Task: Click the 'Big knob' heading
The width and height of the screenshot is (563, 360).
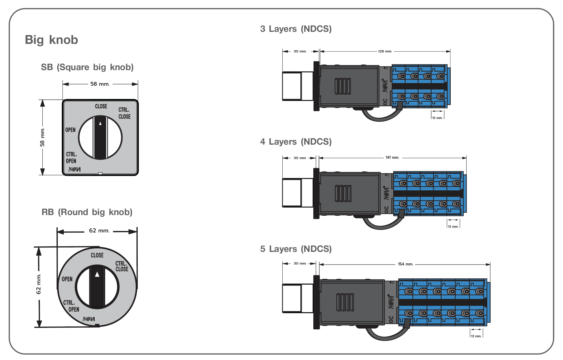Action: pos(51,40)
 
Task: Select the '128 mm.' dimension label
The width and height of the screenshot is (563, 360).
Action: pos(385,51)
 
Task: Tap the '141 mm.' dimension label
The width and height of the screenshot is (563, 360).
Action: pos(392,158)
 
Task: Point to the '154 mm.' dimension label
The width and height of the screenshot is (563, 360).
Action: pos(405,264)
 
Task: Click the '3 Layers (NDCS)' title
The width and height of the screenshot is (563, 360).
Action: pos(296,29)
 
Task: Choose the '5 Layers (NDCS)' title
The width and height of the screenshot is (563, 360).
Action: pos(296,249)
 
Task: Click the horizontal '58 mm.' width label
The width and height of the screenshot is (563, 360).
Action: pos(100,84)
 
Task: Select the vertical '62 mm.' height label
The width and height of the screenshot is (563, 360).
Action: pos(39,284)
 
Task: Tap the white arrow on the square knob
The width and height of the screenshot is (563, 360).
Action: pos(101,123)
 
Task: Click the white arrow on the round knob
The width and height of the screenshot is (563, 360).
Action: pos(97,275)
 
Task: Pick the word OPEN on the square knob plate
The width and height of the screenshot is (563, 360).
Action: pos(70,130)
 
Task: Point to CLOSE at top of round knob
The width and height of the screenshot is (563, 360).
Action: pos(97,255)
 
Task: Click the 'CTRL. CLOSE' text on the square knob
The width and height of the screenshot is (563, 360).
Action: pos(124,113)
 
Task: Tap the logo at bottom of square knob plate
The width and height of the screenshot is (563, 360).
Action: pos(75,169)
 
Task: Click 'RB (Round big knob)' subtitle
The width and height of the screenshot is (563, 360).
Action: pos(87,212)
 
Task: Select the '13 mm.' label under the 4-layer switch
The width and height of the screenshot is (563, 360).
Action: pos(453,227)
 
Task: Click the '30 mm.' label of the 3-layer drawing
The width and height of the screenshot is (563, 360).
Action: pos(300,51)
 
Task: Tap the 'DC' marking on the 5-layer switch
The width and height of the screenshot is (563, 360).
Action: pos(391,319)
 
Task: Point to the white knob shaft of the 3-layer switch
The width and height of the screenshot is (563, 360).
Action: pos(297,86)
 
